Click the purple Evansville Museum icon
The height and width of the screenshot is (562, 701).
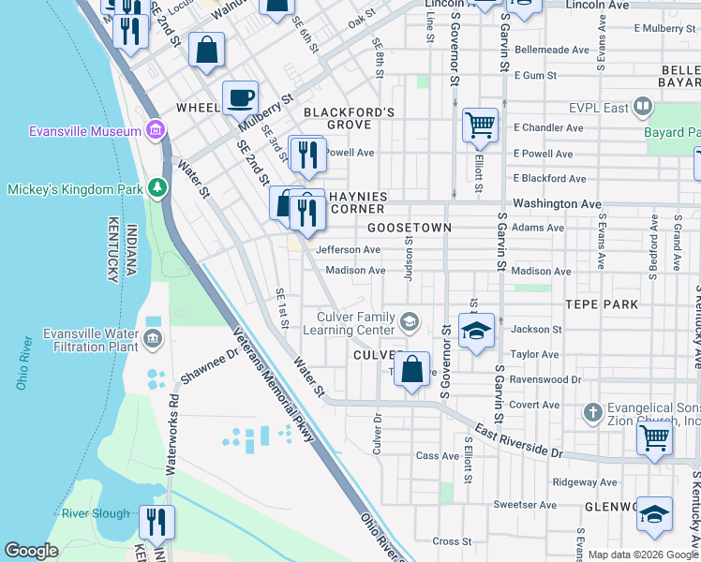pos(157,130)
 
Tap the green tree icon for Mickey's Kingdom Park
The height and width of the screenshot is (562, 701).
pos(157,189)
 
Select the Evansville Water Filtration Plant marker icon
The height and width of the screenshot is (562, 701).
pos(153,336)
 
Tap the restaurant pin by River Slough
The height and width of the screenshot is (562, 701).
pos(157,522)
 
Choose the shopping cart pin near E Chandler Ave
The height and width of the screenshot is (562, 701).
pos(480,125)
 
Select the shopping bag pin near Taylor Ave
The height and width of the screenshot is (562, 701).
pos(411,369)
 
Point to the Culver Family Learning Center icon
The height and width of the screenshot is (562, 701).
pos(409,322)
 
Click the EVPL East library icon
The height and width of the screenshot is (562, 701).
pos(642,108)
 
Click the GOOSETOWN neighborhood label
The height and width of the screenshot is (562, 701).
pos(410,228)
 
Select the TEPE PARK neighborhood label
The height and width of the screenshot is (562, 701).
pos(601,304)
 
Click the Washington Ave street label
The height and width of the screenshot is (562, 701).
pos(557,203)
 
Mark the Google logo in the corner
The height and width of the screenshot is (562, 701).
pos(31,551)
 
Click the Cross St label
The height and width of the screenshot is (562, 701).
pos(452,541)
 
